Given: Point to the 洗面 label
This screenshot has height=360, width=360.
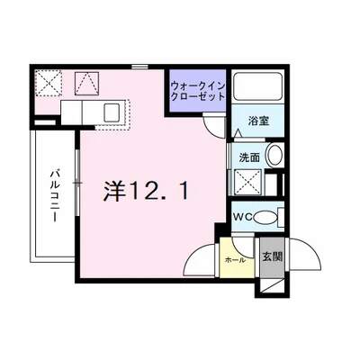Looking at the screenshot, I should coord(249,157).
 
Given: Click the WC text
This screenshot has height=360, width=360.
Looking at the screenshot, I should coord(244,216).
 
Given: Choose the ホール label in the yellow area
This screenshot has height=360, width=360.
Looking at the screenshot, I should coord(233,258).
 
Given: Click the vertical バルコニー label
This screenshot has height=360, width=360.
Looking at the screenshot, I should coord(55,199).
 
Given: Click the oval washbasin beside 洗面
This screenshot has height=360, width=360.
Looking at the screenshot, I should coord(274,156).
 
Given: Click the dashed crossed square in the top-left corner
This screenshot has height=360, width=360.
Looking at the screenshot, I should coord(48,85).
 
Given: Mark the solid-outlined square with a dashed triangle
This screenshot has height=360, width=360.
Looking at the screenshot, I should coord(87,85).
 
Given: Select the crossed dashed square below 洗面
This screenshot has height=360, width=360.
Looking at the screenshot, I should coord(250,184).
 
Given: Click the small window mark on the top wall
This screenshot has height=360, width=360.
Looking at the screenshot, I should coord(138,67).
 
